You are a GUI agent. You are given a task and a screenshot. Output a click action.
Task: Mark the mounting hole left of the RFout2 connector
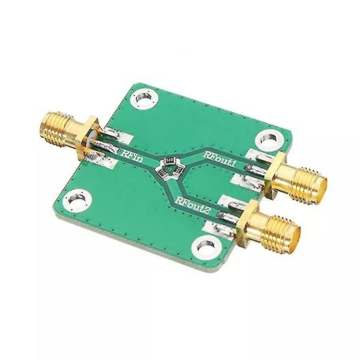pyautogui.click(x=204, y=245)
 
